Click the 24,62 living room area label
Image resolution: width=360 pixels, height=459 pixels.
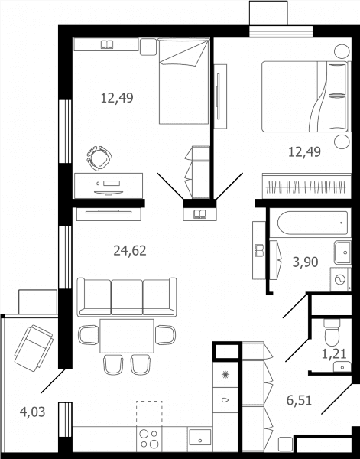coord(129,251)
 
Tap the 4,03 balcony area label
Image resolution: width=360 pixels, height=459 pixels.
coord(32,412)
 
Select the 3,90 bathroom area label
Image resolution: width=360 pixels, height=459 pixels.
coord(305,262)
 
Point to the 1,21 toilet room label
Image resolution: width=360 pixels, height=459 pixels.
coord(334,354)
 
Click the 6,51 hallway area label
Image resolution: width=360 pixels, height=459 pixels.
coord(299,400)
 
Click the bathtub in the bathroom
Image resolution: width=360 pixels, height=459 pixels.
coord(313,223)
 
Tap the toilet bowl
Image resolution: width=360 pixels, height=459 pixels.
coord(332,332)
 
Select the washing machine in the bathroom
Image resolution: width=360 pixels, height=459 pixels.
coord(341,279)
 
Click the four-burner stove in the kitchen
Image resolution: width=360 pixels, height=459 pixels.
coord(149,439)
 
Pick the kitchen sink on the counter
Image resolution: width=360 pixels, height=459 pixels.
coord(199,437)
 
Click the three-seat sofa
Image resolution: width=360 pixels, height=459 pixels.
coord(127,297)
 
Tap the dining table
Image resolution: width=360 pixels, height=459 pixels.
coord(127,336)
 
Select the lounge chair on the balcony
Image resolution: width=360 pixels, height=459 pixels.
coord(34,348)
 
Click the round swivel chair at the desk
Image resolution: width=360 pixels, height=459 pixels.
coord(99,158)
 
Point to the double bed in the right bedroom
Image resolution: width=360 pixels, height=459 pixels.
coord(306,96)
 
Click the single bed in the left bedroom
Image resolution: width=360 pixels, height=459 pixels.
coord(184,81)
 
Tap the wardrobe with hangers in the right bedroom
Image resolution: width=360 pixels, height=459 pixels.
coord(306,186)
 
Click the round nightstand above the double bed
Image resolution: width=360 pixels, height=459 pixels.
coord(342,51)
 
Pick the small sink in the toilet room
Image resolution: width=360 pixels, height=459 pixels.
coord(342,366)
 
